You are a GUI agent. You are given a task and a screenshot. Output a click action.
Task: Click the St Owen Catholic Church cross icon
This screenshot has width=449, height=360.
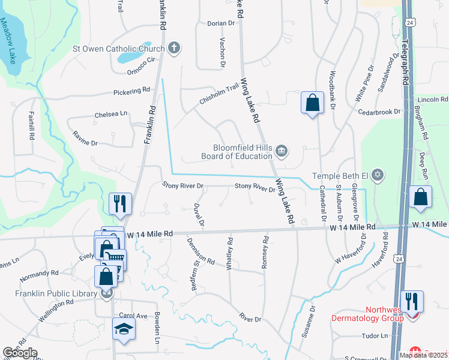pyautogui.click(x=174, y=48)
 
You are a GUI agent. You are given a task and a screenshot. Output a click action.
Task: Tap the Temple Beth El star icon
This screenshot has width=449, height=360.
pyautogui.click(x=377, y=175)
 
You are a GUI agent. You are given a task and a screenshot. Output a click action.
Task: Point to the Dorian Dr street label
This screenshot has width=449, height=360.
pyautogui.click(x=221, y=23)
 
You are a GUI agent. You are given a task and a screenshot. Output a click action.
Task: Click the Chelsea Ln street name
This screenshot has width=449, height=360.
pyautogui.click(x=111, y=113)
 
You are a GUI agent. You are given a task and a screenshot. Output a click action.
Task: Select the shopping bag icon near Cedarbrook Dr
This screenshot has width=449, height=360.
pyautogui.click(x=313, y=103)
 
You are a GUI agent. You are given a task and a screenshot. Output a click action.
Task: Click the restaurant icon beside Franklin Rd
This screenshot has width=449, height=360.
pyautogui.click(x=121, y=203)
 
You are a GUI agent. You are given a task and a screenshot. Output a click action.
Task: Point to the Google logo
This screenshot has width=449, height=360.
pyautogui.click(x=20, y=353)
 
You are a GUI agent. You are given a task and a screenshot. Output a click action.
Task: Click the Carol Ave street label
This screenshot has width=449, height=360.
pyautogui.click(x=133, y=316)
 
